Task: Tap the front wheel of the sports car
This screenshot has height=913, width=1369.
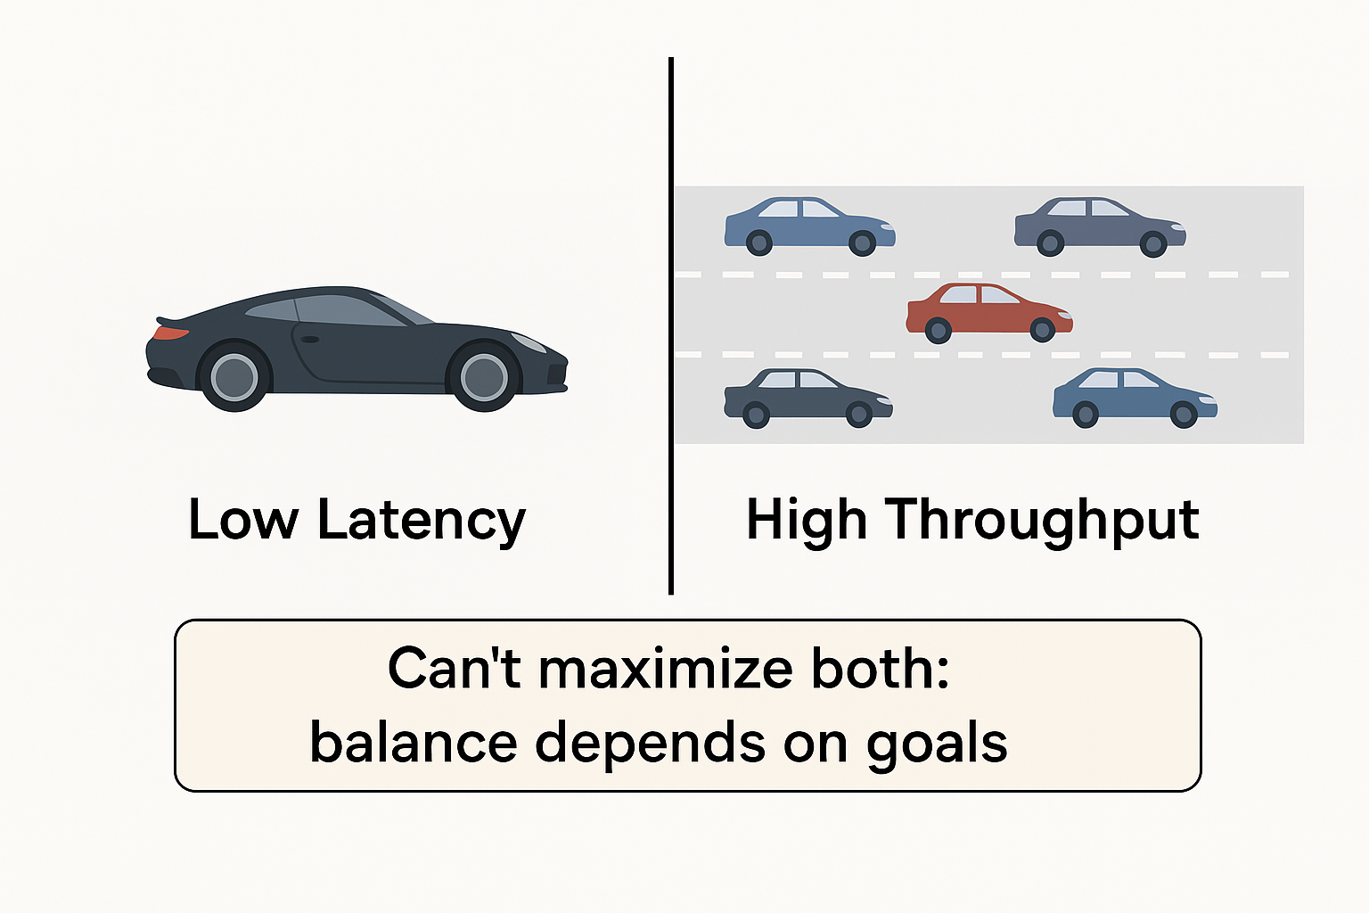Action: [x=483, y=376]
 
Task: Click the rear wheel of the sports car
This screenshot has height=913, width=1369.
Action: [x=234, y=376]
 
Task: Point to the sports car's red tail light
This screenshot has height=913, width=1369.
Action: [x=169, y=333]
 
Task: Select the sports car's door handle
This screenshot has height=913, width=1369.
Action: [x=310, y=340]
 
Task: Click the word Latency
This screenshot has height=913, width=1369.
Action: [x=422, y=520]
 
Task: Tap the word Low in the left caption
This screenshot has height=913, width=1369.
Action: [x=242, y=520]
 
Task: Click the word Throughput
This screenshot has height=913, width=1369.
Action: [x=1042, y=520]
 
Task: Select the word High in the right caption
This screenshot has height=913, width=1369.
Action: [x=806, y=520]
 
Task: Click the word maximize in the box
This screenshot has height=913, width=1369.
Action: [x=666, y=669]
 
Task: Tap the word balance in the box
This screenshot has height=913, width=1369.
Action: [x=413, y=743]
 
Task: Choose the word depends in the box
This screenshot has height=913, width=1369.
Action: [x=649, y=743]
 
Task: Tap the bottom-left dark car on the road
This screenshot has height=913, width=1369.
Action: [x=806, y=398]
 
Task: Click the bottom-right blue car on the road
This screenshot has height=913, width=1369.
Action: [x=1133, y=398]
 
